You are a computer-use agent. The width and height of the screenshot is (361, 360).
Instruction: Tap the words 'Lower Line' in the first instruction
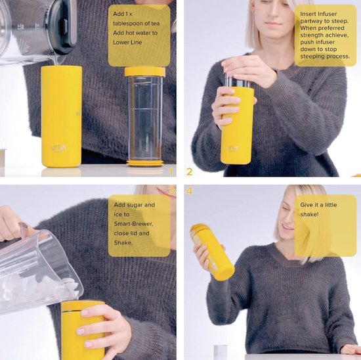[127, 43]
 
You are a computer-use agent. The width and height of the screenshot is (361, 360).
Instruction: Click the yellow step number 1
[171, 172]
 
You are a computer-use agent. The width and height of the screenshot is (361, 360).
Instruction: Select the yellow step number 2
[189, 171]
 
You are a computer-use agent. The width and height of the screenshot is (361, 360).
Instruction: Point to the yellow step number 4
[189, 191]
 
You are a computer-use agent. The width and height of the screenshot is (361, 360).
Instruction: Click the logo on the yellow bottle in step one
[58, 148]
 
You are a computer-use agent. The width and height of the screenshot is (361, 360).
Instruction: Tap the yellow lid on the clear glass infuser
[145, 72]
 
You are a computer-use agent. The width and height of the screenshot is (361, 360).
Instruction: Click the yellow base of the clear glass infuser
[145, 163]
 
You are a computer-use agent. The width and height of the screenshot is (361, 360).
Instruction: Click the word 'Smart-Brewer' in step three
[133, 224]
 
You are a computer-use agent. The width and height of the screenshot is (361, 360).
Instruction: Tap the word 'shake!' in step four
[309, 214]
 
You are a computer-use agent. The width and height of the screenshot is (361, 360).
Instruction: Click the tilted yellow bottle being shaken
[212, 252]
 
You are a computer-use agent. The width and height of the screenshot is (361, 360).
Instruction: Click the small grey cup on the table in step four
[221, 352]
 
